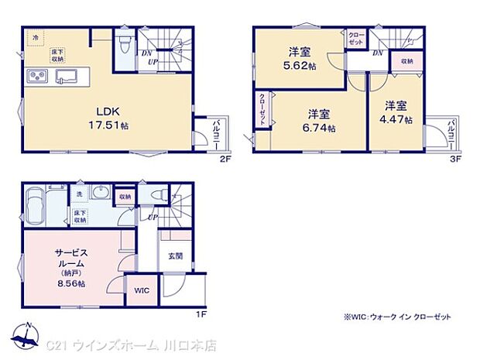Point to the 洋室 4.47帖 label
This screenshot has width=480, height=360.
397,111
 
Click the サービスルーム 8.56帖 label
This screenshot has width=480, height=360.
70,268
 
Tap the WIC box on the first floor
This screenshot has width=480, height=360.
141,291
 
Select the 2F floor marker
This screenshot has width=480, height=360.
225,159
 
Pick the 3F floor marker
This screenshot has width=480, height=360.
456,159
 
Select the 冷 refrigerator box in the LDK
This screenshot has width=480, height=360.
35,37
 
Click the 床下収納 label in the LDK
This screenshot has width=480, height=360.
58,54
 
